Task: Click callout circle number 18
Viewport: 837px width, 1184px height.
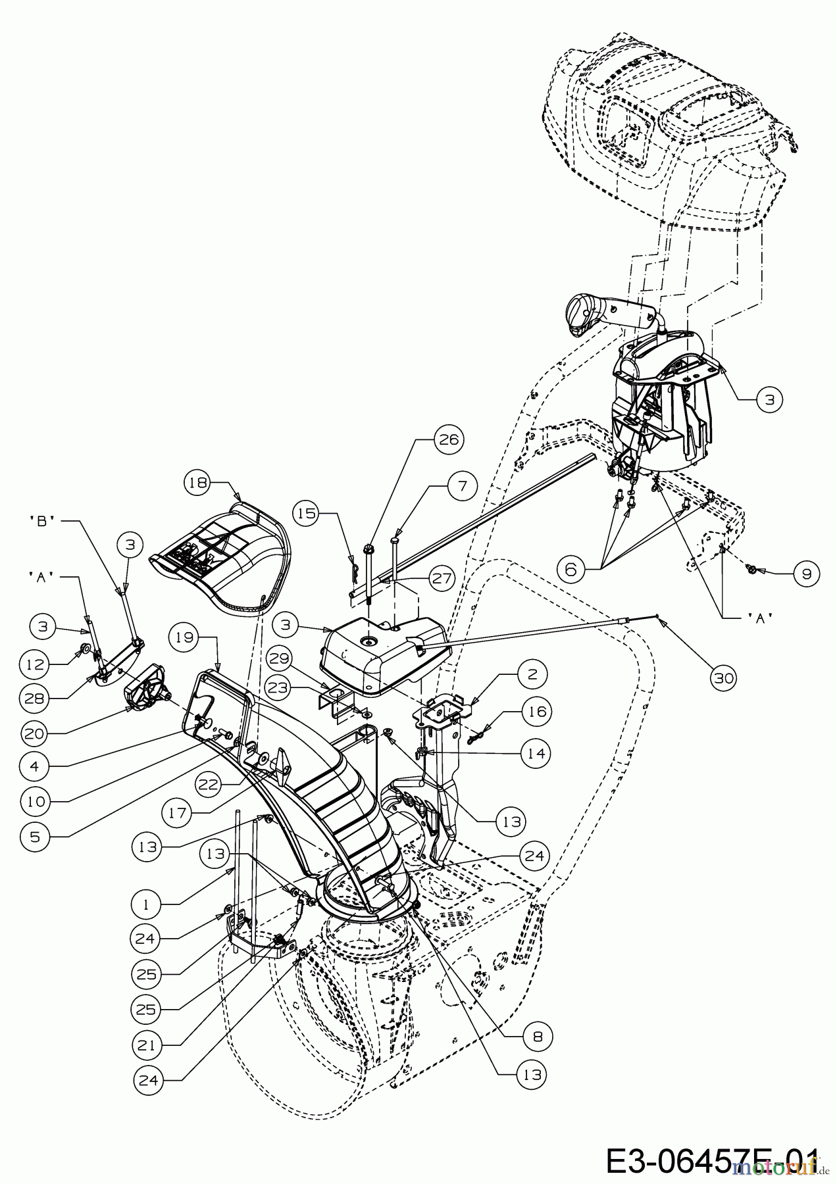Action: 196,482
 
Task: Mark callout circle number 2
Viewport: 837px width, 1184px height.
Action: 532,674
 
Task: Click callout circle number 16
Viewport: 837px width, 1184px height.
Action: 537,711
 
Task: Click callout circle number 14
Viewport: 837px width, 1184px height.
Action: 537,752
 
